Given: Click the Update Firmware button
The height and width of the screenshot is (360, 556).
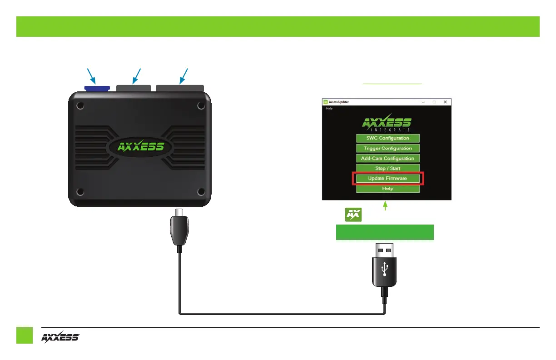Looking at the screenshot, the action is point(387,178).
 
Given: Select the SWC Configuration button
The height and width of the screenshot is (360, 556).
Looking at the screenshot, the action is point(387,138).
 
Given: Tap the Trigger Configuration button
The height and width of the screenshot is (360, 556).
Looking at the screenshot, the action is point(387,148).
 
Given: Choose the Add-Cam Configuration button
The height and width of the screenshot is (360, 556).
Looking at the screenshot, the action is point(387,158).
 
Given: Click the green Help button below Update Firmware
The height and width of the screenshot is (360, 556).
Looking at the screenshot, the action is point(387,189).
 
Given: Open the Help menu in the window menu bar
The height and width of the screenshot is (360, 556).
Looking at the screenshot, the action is point(329,109).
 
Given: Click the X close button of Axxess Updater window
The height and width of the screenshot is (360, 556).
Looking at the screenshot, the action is point(445,102).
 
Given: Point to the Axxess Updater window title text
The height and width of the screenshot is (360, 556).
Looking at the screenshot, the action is point(339,102).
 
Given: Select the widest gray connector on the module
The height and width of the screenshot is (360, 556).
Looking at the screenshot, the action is point(180,88).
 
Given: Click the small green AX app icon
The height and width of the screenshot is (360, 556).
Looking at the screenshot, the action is point(353,215).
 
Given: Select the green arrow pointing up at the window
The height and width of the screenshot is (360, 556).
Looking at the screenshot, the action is point(385,206).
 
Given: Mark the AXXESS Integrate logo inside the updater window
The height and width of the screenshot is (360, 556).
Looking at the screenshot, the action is point(387,124).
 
